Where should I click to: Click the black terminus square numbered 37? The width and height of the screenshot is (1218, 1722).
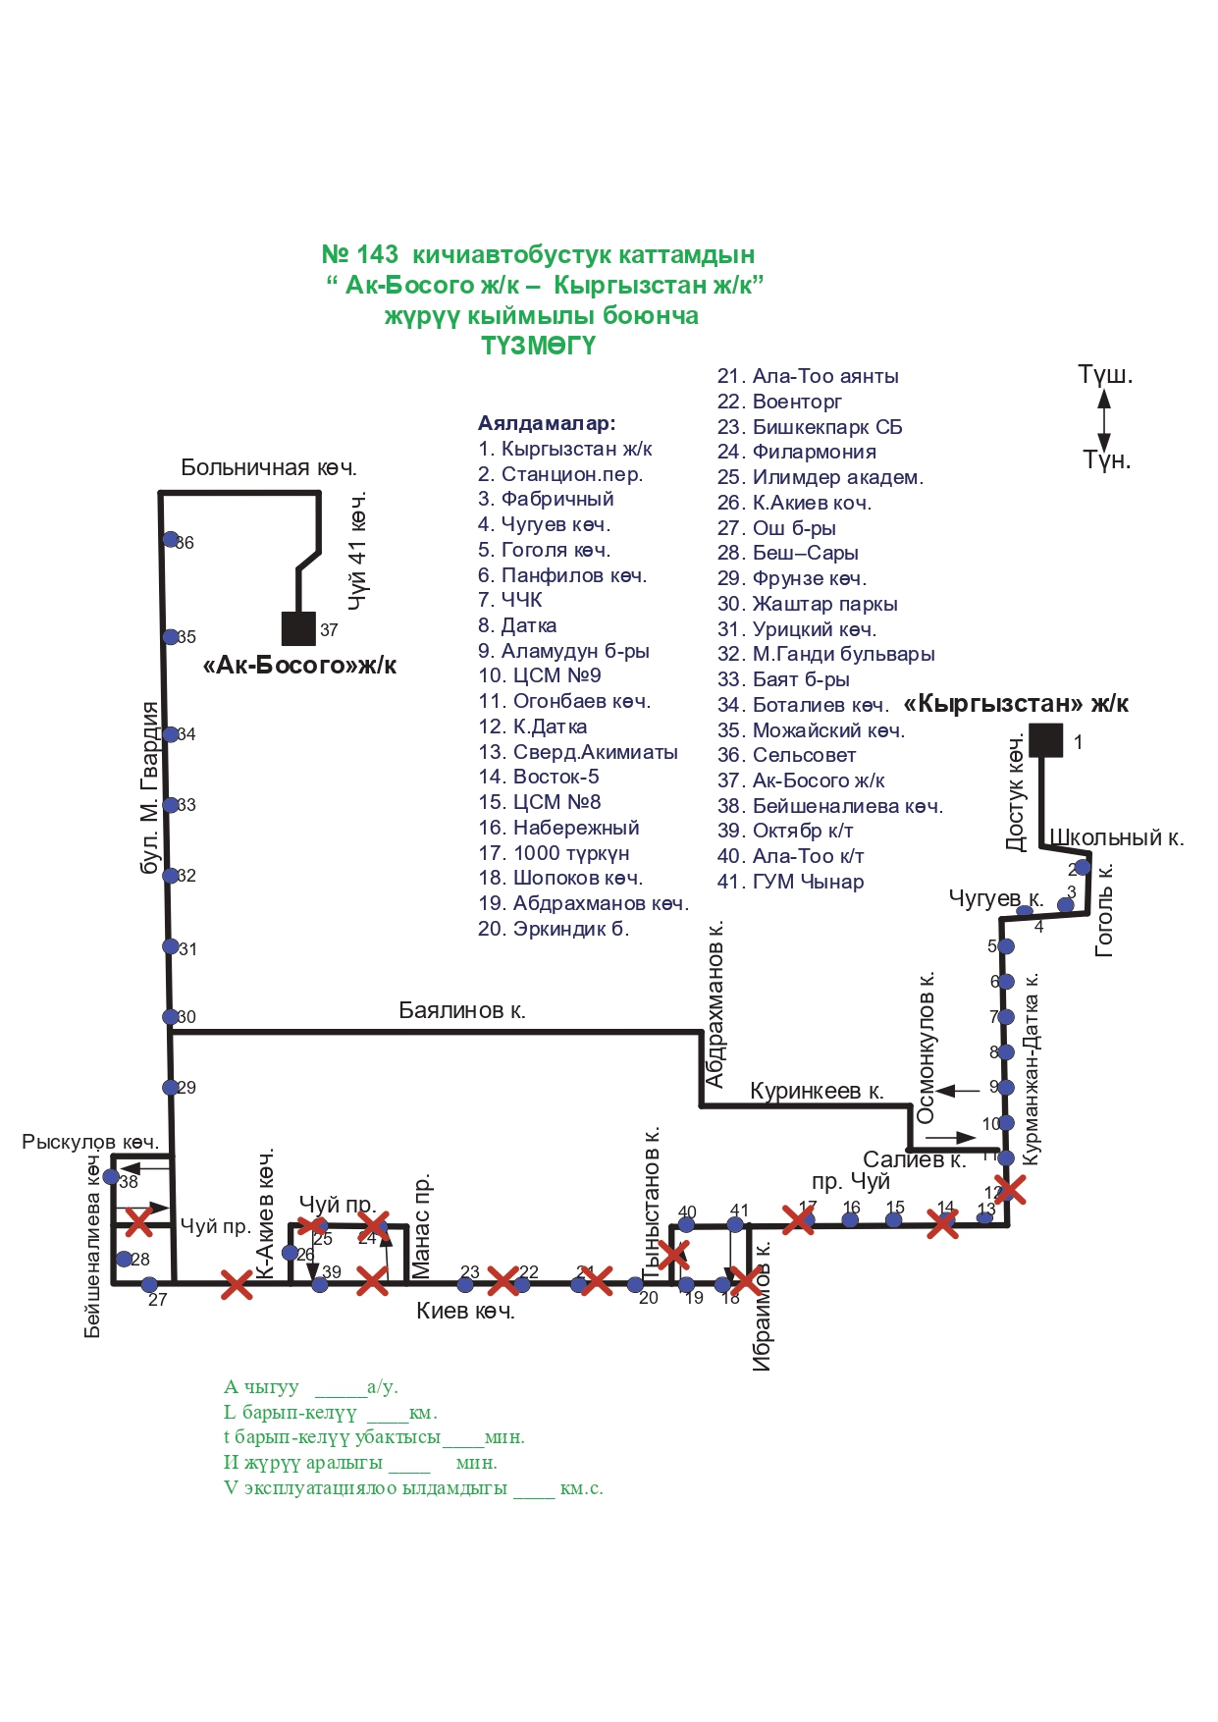tap(298, 628)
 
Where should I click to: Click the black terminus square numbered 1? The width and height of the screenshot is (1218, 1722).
tap(1045, 739)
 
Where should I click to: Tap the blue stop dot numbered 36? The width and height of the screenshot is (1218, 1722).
tap(171, 539)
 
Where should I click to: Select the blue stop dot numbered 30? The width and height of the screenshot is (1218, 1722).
tap(171, 1017)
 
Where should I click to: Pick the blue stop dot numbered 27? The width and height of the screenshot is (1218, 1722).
tap(149, 1284)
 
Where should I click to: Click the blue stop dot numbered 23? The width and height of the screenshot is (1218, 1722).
tap(465, 1284)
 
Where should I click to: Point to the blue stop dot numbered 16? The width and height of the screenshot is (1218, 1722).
tap(850, 1220)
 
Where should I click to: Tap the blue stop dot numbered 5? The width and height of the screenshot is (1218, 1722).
tap(1006, 946)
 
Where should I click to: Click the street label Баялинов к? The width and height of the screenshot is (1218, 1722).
tap(461, 1010)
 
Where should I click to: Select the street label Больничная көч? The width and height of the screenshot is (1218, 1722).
tap(268, 467)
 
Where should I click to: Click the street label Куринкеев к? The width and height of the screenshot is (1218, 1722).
tap(817, 1091)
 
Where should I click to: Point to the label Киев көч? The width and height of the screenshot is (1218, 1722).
tap(465, 1311)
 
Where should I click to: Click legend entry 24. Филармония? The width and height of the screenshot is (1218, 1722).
tap(796, 452)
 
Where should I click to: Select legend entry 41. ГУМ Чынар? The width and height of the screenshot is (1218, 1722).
tap(790, 882)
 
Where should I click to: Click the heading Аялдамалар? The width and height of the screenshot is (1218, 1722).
tap(547, 423)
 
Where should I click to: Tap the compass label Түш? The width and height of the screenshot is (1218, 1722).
tap(1105, 374)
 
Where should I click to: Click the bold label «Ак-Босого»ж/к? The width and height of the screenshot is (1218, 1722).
tap(299, 665)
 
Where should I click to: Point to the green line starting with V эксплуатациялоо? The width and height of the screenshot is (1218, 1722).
tap(412, 1487)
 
